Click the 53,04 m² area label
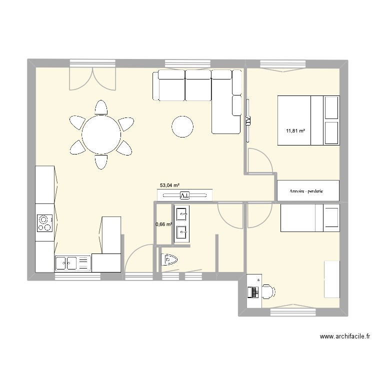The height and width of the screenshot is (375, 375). pos(169,185)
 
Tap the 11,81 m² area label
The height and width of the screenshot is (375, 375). pos(295,131)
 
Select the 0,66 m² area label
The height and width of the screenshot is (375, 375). pos(164,224)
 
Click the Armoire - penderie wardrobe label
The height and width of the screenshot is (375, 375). pos(306,191)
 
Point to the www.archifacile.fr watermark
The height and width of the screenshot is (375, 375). pos(345,336)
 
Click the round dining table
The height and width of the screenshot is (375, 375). pos(101,134)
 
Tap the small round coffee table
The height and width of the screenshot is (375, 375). pos(182,127)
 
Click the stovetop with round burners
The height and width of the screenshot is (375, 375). pos(44,223)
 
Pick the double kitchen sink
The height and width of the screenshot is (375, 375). pos(66,263)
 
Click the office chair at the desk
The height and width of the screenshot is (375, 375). pos(269,291)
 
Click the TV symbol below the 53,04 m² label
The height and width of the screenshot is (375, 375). pos(184,195)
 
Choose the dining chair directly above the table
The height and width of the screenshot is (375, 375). pos(101,107)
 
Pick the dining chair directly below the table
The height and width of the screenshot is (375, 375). pos(101,162)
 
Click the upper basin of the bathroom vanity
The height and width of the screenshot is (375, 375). pos(181,214)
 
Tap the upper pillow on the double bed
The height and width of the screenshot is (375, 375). pos(331,107)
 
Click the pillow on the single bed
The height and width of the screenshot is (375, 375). pos(331,217)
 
